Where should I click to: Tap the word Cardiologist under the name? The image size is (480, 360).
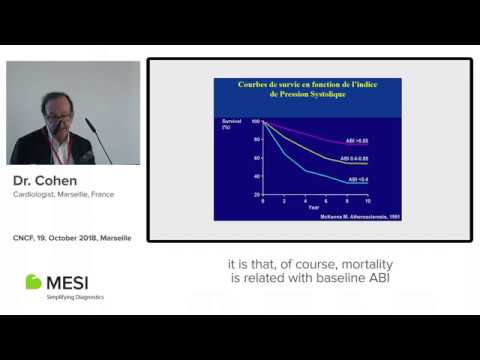click(x=33, y=195)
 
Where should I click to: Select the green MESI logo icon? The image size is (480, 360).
click(x=33, y=281)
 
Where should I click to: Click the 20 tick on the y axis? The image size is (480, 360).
click(x=256, y=193)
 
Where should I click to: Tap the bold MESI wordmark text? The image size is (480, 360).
click(x=74, y=281)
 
